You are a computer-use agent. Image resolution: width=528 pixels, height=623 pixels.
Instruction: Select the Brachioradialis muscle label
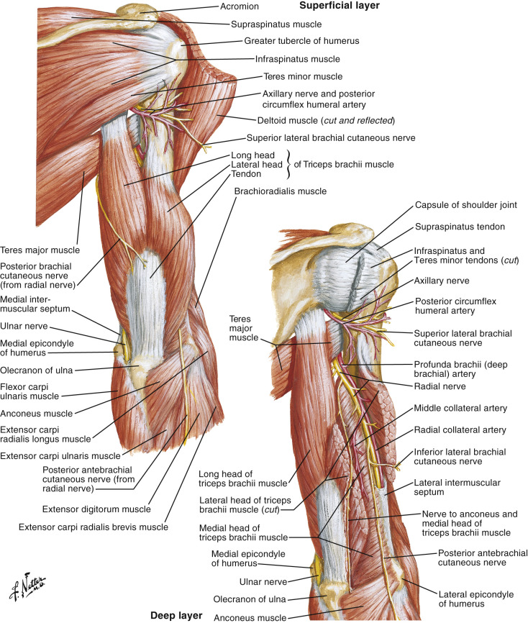tap(280, 191)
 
